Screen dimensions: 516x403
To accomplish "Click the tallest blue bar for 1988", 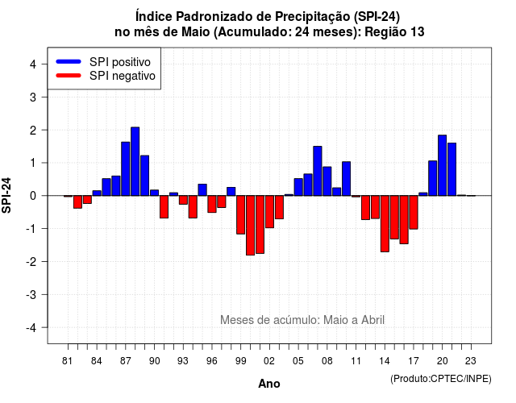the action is [135, 161].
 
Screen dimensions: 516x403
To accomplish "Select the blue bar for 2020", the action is [443, 165].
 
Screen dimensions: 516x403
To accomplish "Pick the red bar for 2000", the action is [251, 226].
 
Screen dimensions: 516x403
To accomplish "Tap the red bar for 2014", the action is [385, 224].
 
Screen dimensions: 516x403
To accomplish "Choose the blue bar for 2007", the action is [318, 171].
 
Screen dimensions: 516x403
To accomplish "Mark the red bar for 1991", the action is [164, 207].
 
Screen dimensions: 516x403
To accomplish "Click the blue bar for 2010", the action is [346, 179].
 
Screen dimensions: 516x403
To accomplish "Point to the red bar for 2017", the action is [414, 213].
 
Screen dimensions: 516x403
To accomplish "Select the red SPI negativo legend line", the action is [69, 76].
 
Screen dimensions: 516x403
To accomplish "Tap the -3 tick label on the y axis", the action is [31, 294].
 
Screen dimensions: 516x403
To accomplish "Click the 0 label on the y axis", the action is [33, 196].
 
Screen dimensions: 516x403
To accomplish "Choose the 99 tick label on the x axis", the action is [241, 361].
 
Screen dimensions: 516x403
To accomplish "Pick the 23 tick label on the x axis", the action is [471, 361].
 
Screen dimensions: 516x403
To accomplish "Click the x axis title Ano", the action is [269, 384].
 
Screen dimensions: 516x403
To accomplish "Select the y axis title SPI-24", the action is [6, 195].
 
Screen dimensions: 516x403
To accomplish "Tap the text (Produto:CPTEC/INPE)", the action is [441, 379].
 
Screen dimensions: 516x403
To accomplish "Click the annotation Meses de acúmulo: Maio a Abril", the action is [302, 320].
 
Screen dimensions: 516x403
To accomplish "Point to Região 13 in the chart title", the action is [394, 32].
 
